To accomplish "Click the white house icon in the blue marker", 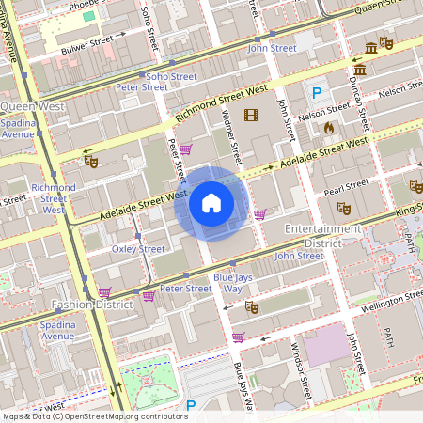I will tap(211, 202).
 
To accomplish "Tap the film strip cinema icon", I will tap(250, 116).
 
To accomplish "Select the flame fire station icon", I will tap(328, 127).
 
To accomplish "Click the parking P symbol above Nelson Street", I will tap(317, 93).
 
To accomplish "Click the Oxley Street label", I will tap(138, 249).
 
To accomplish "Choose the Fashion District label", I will tap(93, 305).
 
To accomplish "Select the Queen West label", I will tap(32, 106).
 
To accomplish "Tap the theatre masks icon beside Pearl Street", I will tap(343, 208).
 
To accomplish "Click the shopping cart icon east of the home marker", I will tap(259, 214).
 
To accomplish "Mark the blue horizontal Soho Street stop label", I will tap(171, 76).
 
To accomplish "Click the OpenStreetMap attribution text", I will tap(94, 415).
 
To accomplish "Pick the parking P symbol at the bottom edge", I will tap(191, 406).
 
